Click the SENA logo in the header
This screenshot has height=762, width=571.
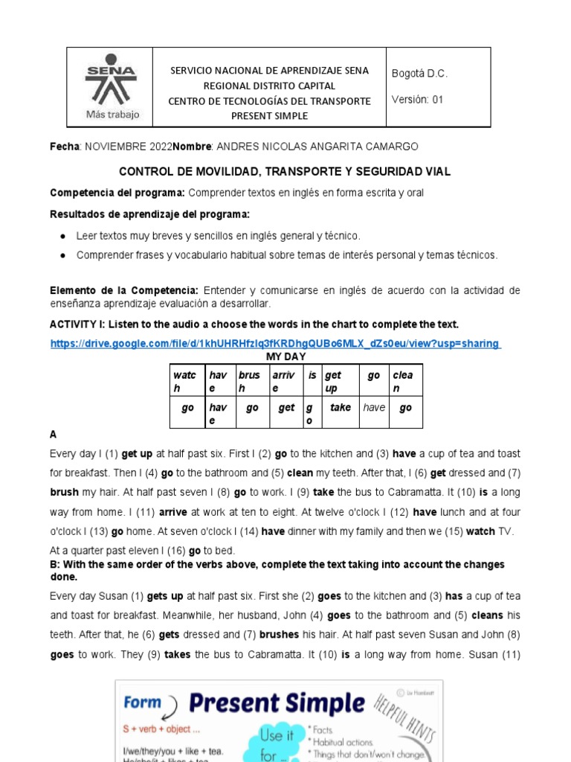[x=110, y=77]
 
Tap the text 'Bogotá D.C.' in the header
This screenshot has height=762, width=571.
[x=419, y=74]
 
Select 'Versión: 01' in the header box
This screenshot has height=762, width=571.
[x=417, y=100]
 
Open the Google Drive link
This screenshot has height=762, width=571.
[x=275, y=343]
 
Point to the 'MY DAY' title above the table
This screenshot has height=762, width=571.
[x=286, y=356]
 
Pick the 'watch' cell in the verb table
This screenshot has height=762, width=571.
[x=184, y=382]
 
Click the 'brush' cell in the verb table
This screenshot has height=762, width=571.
[x=249, y=382]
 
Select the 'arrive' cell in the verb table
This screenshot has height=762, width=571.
[x=284, y=382]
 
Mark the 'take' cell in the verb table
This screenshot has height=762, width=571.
[x=340, y=408]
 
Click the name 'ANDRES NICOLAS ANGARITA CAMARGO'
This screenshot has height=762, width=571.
[x=316, y=146]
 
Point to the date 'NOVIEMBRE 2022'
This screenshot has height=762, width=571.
[x=128, y=146]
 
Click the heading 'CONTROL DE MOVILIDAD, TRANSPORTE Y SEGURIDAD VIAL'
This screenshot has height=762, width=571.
[x=285, y=171]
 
